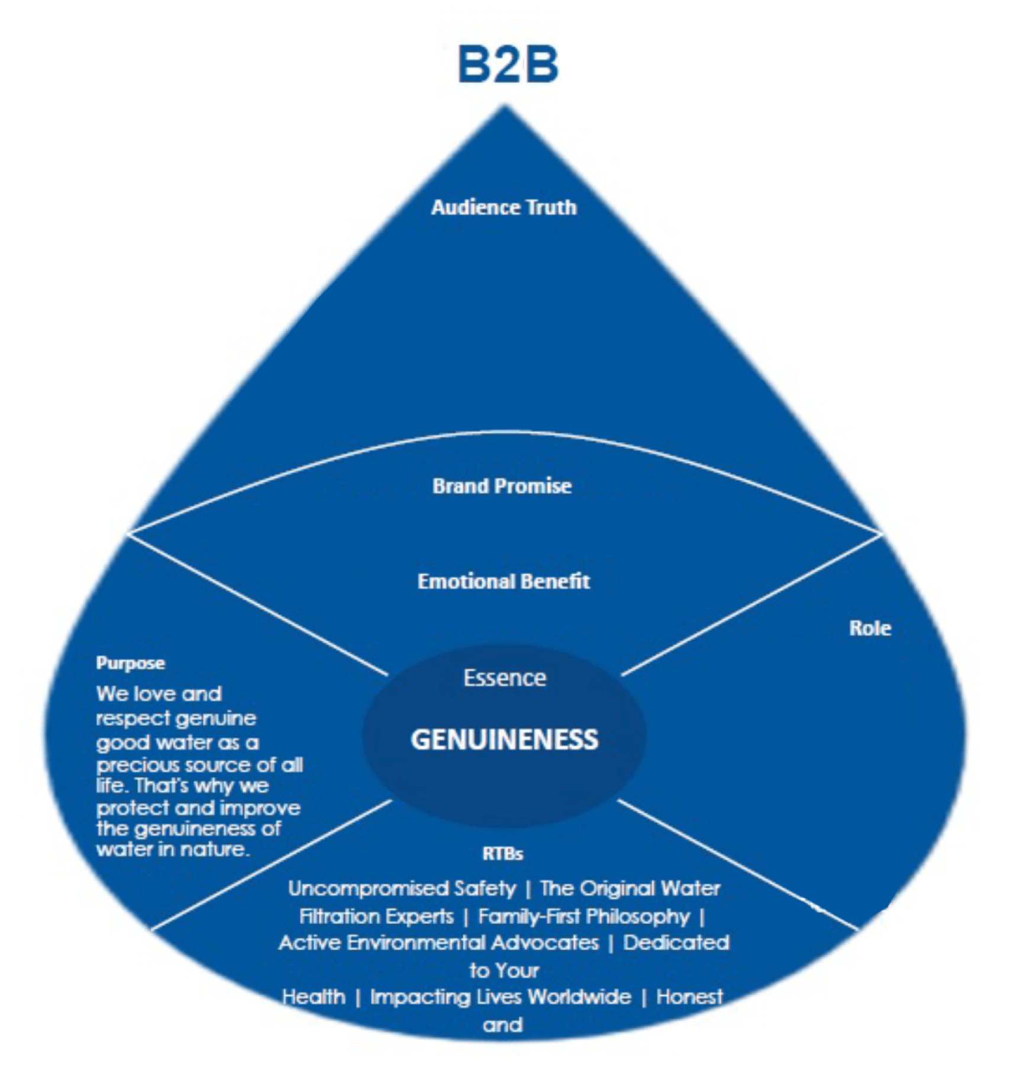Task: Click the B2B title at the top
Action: (x=508, y=65)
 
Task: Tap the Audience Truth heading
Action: (x=504, y=207)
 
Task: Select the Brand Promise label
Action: (x=502, y=486)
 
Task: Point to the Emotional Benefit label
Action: (x=504, y=581)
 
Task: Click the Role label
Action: (x=870, y=628)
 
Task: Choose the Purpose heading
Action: (x=130, y=663)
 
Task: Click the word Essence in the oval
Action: (x=504, y=678)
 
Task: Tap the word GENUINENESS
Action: (x=504, y=739)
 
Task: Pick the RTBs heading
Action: (x=502, y=854)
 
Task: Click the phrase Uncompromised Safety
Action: (x=402, y=888)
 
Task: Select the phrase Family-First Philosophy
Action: (x=584, y=916)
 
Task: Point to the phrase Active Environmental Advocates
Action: (x=438, y=942)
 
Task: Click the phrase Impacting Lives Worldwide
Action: (x=500, y=997)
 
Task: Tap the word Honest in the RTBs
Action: (x=689, y=997)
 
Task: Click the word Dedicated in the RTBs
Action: (x=676, y=942)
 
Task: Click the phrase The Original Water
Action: (x=630, y=888)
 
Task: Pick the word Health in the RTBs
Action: (x=314, y=997)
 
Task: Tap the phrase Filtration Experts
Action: (x=376, y=916)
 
